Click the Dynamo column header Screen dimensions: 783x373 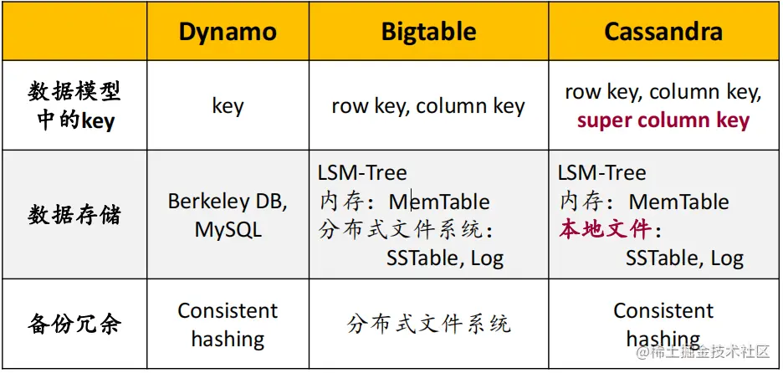[228, 32]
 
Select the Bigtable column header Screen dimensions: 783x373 [428, 32]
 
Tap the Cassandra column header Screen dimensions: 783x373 [663, 32]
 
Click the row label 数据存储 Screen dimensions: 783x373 [74, 215]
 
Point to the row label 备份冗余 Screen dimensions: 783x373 [74, 324]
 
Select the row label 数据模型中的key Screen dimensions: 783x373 [74, 106]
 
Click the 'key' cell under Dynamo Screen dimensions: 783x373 [228, 106]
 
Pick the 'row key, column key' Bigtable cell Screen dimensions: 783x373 [428, 106]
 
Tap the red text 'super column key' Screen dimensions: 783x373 [663, 120]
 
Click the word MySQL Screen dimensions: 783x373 [228, 230]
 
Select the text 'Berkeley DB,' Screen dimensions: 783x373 [228, 202]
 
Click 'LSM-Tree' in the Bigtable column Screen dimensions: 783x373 [362, 173]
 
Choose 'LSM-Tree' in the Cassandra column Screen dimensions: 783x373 [601, 173]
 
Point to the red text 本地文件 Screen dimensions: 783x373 [605, 230]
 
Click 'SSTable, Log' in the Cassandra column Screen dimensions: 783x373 [684, 258]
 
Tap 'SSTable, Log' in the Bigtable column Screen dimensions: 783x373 [445, 258]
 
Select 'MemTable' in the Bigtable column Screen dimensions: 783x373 [439, 202]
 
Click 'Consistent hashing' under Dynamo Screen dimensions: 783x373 [228, 324]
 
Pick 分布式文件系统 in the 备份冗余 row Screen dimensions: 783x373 [428, 324]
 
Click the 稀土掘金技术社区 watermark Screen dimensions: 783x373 [702, 352]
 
